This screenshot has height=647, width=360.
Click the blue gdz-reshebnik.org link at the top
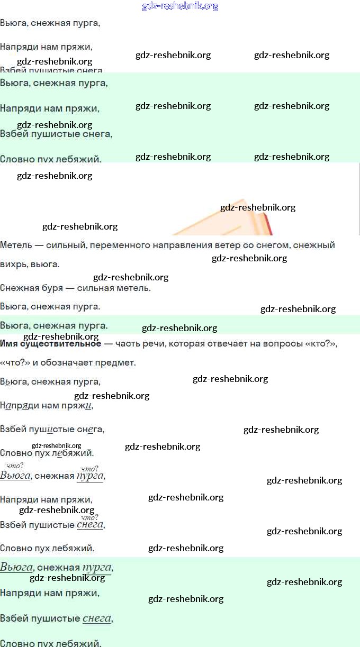(x=180, y=6)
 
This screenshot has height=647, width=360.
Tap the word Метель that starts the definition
(x=15, y=245)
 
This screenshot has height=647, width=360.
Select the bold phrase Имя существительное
(x=50, y=344)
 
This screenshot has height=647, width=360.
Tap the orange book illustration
(x=228, y=220)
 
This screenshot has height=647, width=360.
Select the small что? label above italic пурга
(x=89, y=469)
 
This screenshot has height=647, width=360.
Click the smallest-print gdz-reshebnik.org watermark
(x=56, y=445)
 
